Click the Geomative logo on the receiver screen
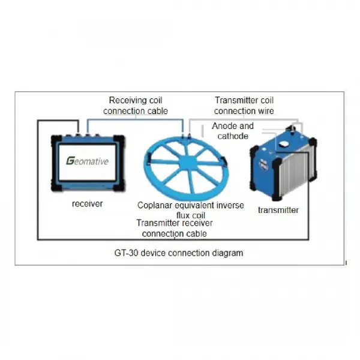tap(87, 161)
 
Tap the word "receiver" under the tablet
tap(87, 203)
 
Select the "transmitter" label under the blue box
tap(278, 210)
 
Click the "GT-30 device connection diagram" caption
tap(179, 253)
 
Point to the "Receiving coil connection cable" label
tap(136, 106)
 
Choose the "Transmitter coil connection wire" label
tap(244, 106)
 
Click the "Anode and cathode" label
tap(233, 131)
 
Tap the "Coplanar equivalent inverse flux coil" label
tap(191, 210)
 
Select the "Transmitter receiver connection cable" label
tap(175, 228)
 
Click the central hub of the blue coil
tap(187, 163)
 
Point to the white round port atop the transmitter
tap(284, 145)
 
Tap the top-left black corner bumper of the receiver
tap(56, 140)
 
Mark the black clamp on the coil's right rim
tap(224, 161)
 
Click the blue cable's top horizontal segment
tap(135, 119)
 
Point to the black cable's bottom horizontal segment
tap(173, 239)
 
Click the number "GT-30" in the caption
tap(126, 253)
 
